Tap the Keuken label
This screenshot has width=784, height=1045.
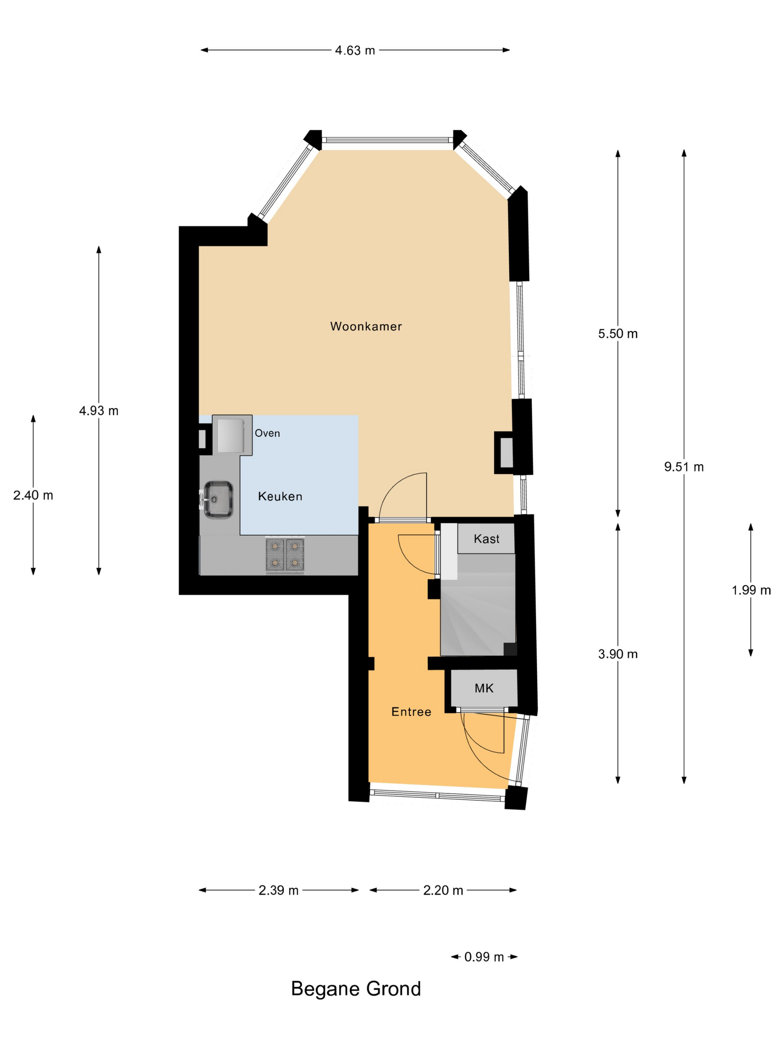point(280,496)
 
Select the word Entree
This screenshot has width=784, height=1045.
point(411,711)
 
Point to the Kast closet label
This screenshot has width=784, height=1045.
point(486,539)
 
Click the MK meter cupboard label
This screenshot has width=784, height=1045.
point(484,688)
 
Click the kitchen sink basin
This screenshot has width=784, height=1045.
point(218,499)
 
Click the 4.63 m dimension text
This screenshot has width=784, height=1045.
point(355,50)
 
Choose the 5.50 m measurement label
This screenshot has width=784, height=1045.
point(617,334)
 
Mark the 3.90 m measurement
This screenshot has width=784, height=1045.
point(617,654)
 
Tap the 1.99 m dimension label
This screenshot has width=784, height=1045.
point(751,590)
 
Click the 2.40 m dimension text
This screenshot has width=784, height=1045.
point(33,495)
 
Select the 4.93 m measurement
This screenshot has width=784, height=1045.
point(99,411)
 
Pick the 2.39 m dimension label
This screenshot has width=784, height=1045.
point(279,890)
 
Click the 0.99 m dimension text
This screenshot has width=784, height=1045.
point(484,957)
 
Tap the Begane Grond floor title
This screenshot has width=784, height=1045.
point(356,989)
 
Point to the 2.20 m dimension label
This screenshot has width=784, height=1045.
point(443,890)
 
